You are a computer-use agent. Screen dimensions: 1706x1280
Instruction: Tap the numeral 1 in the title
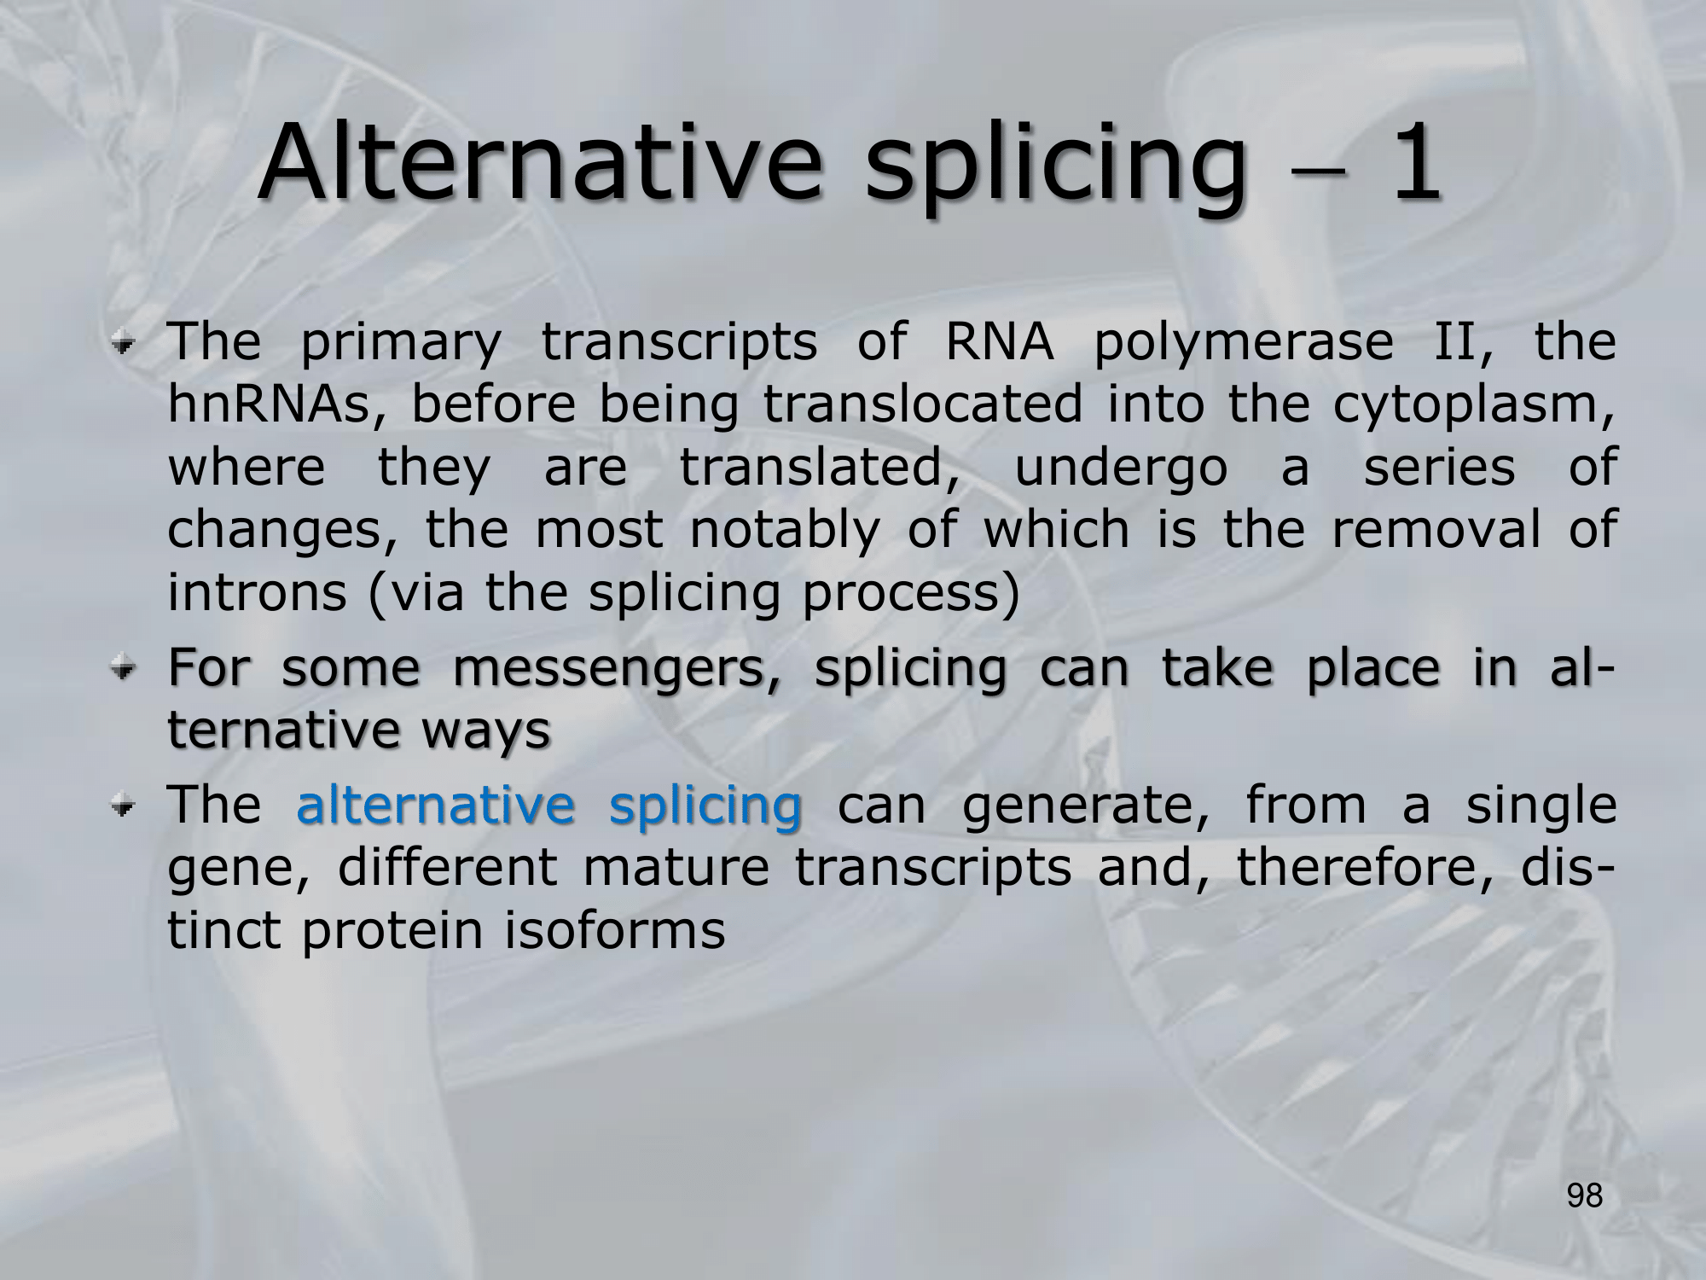(x=1414, y=162)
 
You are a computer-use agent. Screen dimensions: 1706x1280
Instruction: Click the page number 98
(x=1585, y=1196)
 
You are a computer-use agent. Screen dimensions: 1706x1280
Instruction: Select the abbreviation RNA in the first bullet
(x=999, y=342)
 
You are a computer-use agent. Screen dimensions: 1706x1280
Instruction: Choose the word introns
(x=258, y=593)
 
